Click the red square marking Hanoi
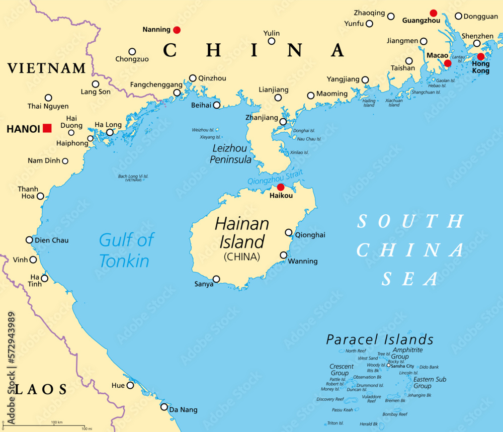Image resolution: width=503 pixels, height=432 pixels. tap(47, 128)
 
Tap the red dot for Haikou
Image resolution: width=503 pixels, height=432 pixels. tap(281, 187)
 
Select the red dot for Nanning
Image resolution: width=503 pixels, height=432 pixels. tap(177, 30)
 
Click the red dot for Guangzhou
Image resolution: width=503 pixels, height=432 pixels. tap(434, 13)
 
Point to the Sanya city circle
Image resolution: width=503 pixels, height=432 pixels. tap(216, 279)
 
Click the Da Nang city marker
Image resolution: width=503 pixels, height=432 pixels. tap(164, 406)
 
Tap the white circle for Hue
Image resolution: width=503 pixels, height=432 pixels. tap(130, 385)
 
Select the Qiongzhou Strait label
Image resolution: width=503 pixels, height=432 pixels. tap(275, 178)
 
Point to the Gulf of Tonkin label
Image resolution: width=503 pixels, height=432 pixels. tap(126, 250)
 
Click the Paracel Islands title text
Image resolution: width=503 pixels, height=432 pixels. tap(380, 339)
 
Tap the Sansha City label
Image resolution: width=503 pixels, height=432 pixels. tap(402, 366)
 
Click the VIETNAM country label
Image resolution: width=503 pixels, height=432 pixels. tap(46, 68)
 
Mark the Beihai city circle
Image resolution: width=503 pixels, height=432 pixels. tap(216, 105)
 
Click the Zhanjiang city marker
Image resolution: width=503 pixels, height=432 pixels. tap(283, 122)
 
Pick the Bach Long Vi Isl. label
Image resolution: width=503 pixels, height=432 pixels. tap(133, 177)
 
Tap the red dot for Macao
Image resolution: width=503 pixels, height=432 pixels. tap(448, 63)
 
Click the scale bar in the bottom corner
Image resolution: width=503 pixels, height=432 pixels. tap(45, 425)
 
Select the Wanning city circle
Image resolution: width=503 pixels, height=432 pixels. tap(284, 255)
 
